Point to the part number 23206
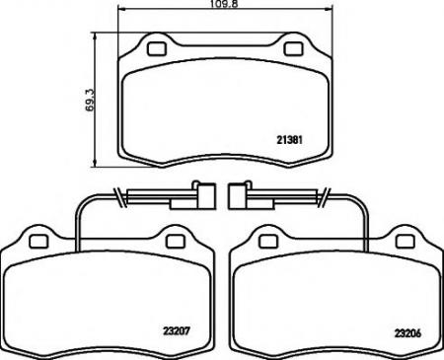(x=407, y=332)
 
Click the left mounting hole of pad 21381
(x=156, y=46)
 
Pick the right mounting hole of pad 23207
(x=175, y=240)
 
